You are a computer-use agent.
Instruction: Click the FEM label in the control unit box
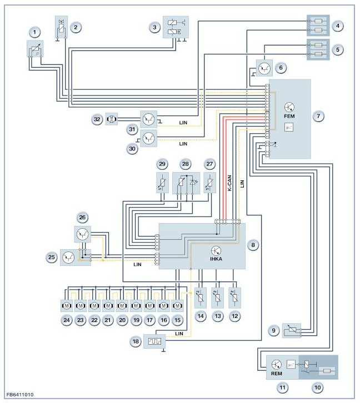point(289,116)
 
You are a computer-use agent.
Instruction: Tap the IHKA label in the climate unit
point(216,259)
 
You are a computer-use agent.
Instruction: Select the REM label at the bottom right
point(277,374)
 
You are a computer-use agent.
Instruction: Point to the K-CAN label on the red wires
point(229,183)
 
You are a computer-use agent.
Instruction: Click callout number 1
point(35,33)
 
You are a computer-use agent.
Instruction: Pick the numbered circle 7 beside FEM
point(318,116)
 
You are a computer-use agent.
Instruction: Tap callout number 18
point(136,341)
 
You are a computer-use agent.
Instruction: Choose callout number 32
point(97,119)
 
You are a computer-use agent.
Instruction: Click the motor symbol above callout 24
point(67,306)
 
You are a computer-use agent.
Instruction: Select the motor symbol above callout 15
point(177,306)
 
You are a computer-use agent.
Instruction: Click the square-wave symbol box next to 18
point(154,341)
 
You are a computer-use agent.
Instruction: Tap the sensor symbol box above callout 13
point(218,298)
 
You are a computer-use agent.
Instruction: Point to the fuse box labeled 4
point(318,25)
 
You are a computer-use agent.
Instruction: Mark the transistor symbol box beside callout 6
point(264,68)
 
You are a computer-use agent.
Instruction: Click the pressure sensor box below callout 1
point(35,49)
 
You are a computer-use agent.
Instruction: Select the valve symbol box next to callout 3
point(176,27)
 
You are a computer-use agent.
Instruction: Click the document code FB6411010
point(20,395)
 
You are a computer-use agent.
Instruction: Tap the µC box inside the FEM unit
point(289,127)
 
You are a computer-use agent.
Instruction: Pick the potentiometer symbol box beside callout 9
point(292,330)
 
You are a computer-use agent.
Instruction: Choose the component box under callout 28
point(186,183)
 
